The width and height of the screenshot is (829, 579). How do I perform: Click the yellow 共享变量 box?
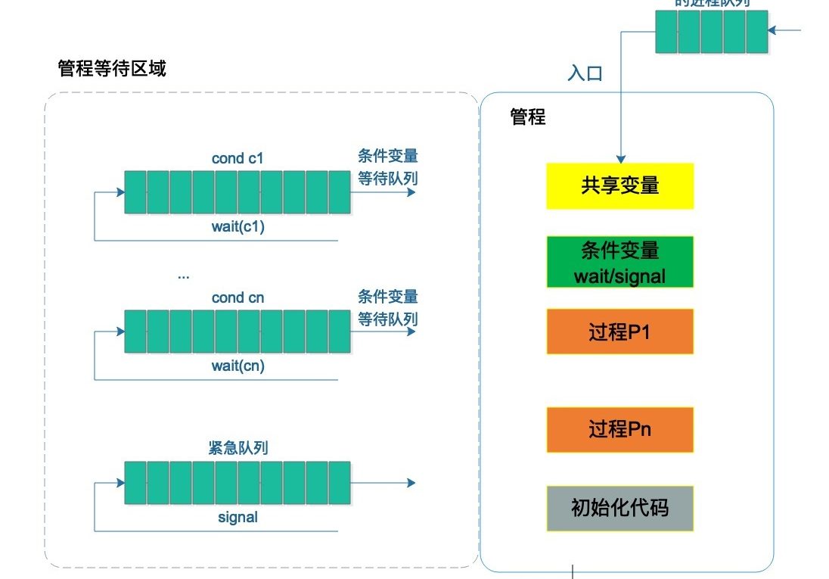tap(619, 185)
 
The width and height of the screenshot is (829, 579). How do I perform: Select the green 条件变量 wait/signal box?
tap(619, 263)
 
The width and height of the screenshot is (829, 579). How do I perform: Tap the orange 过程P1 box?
tap(619, 332)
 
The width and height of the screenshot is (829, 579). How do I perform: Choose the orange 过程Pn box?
tap(619, 429)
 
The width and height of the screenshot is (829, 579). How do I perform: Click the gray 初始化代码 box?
tap(619, 508)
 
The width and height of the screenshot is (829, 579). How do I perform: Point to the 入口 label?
tap(585, 73)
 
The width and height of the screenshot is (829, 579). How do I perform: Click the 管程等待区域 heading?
tap(112, 69)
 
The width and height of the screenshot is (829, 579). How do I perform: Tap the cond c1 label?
tap(238, 159)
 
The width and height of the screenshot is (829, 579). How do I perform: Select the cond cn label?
tap(238, 297)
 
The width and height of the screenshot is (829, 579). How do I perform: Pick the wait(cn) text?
tap(238, 366)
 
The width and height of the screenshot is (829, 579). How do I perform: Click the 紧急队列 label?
tap(238, 449)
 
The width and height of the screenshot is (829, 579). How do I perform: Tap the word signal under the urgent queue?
tap(238, 518)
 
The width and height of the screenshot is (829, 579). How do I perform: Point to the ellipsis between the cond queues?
tap(184, 275)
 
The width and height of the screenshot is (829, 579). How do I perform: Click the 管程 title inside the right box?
tap(527, 117)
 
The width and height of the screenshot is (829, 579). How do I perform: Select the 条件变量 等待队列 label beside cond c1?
tap(387, 167)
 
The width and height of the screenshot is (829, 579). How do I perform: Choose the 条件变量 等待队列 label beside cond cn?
tap(387, 307)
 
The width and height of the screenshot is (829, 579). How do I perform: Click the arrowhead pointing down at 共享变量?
tap(620, 159)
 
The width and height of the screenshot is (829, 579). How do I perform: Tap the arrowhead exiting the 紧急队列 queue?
tap(411, 483)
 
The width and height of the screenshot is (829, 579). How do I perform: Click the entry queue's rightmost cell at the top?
tap(756, 32)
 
